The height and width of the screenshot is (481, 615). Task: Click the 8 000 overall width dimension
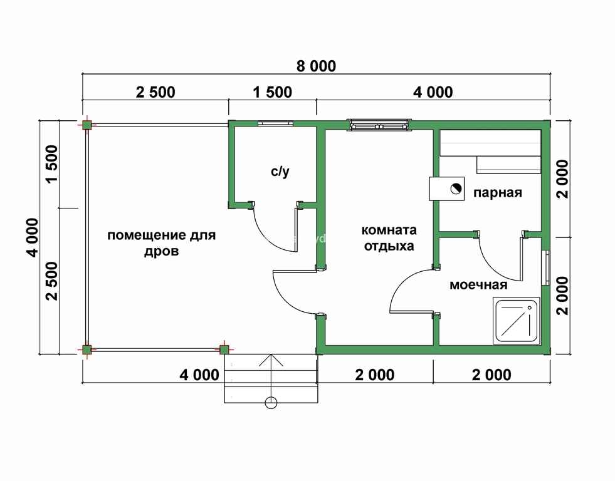point(316,66)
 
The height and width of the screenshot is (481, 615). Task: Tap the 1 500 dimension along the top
point(273,92)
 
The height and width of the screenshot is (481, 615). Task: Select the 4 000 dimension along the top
point(433,92)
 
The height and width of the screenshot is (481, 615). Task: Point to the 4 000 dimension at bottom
point(199,375)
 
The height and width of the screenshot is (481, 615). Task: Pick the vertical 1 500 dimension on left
point(51,163)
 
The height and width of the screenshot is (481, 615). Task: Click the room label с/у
point(280,172)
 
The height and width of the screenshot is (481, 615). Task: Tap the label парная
point(497,192)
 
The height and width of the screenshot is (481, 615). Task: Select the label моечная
point(478,285)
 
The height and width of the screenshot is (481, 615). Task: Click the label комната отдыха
point(389,238)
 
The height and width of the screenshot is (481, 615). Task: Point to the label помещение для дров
point(162,243)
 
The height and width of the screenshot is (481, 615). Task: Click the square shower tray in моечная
point(517,321)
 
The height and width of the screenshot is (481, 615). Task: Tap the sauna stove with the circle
point(447,189)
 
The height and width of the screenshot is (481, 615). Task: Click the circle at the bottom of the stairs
point(271,402)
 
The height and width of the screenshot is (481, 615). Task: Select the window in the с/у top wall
point(275,123)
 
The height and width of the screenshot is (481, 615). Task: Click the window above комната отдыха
point(380,125)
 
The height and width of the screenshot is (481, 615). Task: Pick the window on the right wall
point(545,267)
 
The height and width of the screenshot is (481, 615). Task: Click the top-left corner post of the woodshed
point(87,125)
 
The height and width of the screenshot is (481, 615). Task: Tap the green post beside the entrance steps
point(224,349)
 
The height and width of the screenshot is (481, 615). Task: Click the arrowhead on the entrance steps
point(271,360)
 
